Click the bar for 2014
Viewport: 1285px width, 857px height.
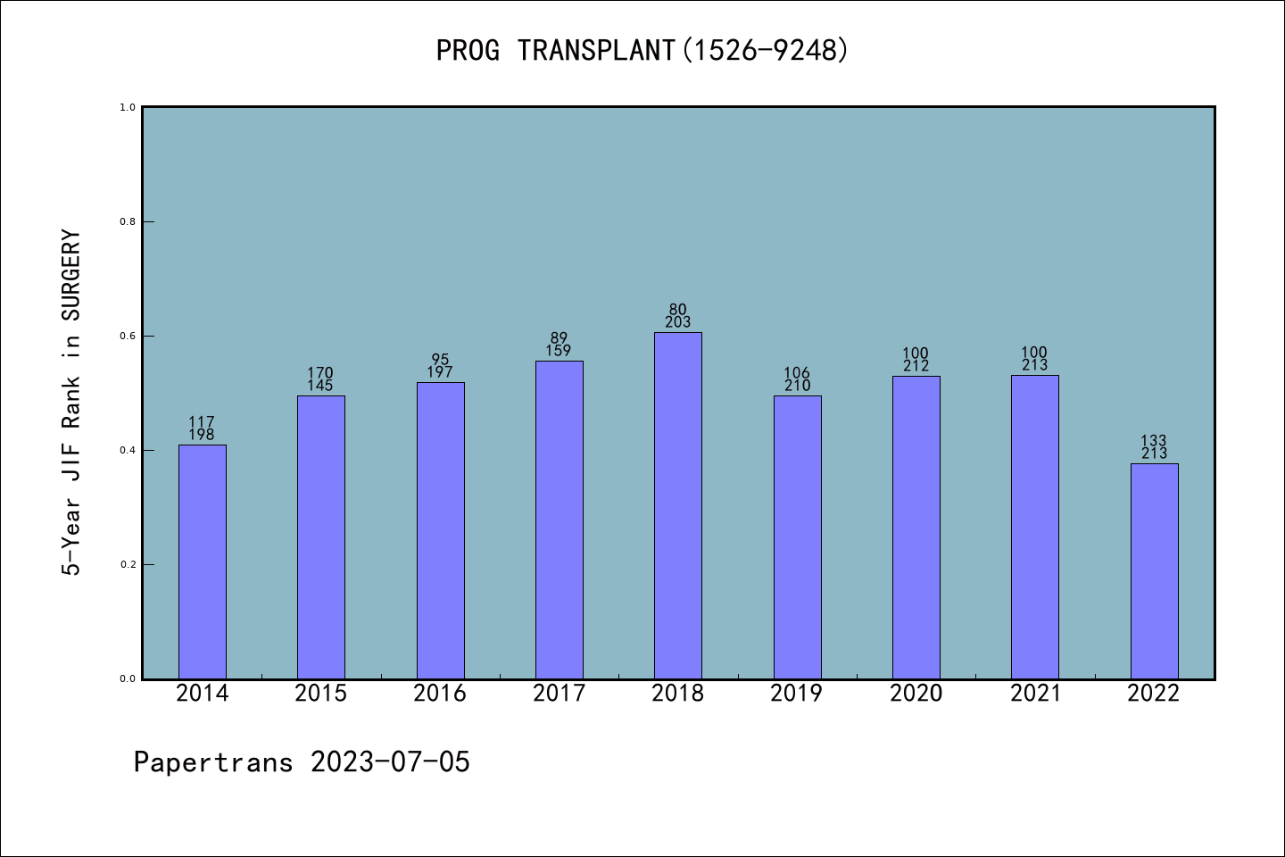(x=202, y=562)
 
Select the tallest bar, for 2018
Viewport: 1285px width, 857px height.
(x=677, y=505)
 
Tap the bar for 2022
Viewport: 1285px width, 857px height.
(x=1154, y=571)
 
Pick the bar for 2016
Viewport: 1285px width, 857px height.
(x=440, y=530)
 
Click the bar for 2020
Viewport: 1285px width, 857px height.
(x=916, y=527)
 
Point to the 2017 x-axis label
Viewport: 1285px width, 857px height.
(x=559, y=694)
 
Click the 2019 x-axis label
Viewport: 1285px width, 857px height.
(x=797, y=694)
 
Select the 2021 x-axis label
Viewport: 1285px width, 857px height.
(x=1035, y=694)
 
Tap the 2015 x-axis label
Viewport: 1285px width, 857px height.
(x=320, y=694)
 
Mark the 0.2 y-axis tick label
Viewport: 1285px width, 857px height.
(x=128, y=564)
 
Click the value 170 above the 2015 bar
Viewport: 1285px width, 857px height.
(x=320, y=373)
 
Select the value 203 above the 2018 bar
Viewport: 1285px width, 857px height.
(x=677, y=322)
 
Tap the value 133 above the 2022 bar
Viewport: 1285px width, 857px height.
(x=1154, y=441)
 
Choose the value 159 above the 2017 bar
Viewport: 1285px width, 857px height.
(x=559, y=351)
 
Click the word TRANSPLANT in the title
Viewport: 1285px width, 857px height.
(x=595, y=51)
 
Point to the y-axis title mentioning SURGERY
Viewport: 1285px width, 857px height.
(x=71, y=402)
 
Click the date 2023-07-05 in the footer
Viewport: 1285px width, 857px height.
(x=390, y=762)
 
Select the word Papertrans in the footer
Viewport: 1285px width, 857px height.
(x=213, y=762)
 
